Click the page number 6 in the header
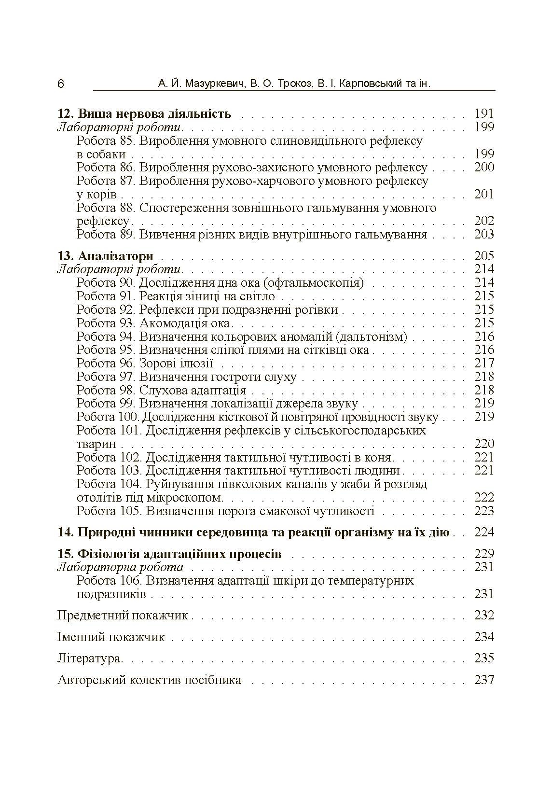click(x=60, y=84)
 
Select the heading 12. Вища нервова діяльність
click(x=144, y=114)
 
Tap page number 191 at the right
click(x=484, y=114)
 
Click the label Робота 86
click(x=106, y=168)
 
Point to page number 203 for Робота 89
click(x=484, y=235)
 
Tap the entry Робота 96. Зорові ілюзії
click(x=145, y=364)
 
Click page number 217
click(x=484, y=364)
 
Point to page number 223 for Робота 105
click(x=484, y=511)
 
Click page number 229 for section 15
click(x=484, y=554)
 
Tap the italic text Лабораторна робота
click(x=120, y=567)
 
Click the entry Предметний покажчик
click(x=123, y=616)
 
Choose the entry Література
click(x=89, y=658)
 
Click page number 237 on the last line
click(x=484, y=680)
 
